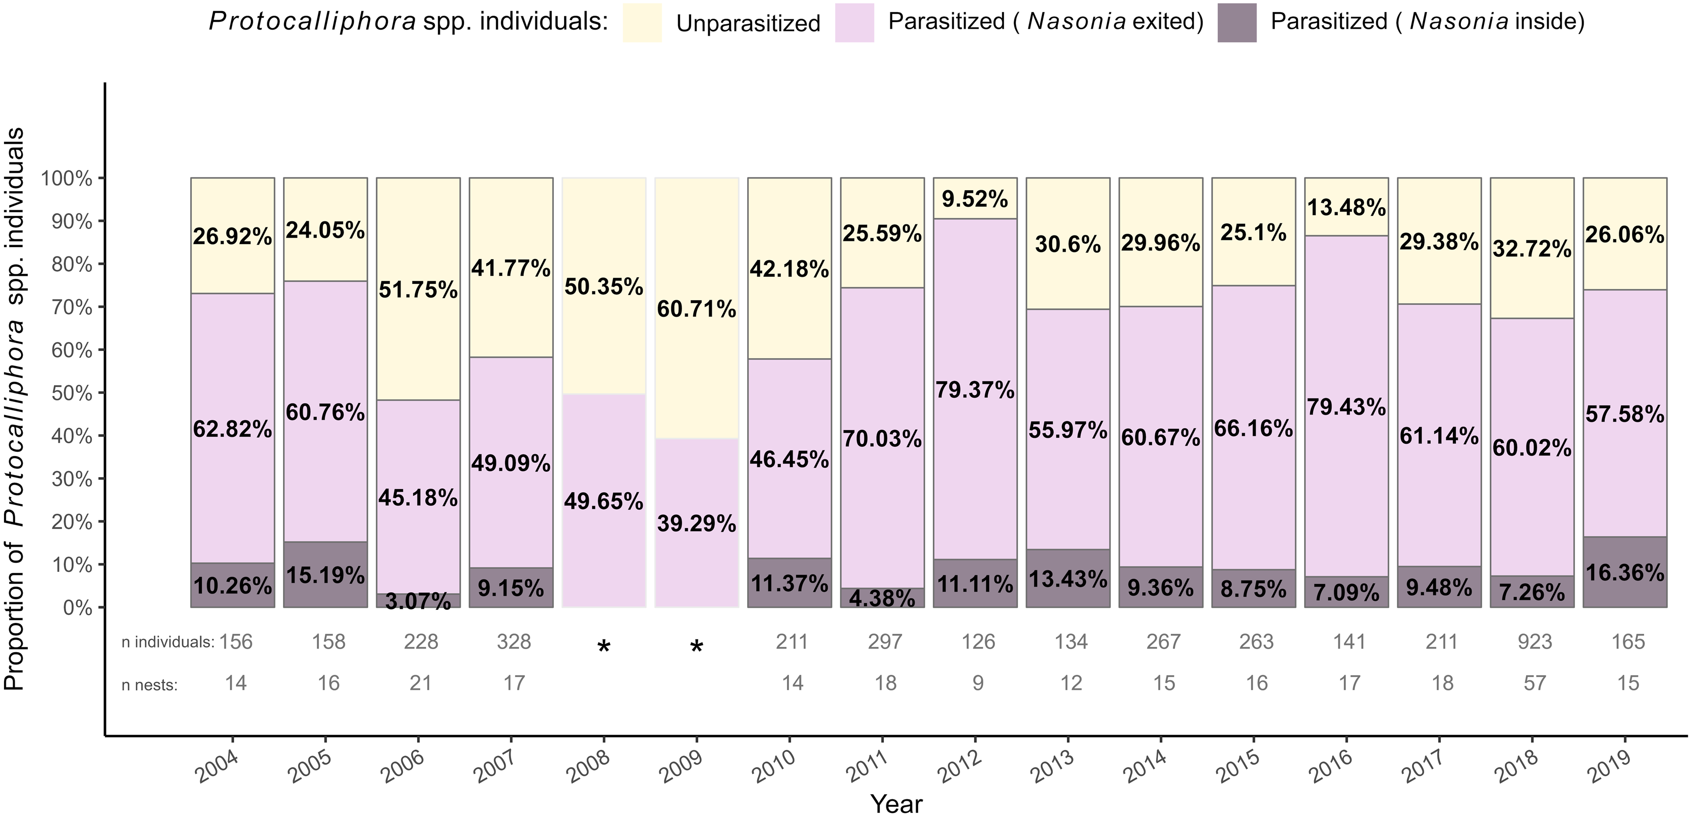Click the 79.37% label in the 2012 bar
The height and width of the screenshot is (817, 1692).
pos(975,390)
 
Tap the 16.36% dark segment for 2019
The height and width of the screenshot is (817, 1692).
pos(1624,572)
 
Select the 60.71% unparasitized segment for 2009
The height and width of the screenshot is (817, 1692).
pos(696,308)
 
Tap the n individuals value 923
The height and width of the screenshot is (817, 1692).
pos(1535,641)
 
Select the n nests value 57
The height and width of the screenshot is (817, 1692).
pos(1535,683)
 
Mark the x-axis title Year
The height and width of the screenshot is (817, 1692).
pos(896,804)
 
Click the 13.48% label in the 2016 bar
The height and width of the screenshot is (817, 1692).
pos(1346,208)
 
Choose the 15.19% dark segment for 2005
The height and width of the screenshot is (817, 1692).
pos(325,574)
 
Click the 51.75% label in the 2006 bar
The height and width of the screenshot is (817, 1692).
pos(418,289)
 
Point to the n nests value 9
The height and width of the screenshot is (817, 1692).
pos(978,683)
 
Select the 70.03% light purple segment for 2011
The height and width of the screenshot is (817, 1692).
pos(882,437)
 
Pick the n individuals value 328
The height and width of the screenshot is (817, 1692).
pos(514,641)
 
